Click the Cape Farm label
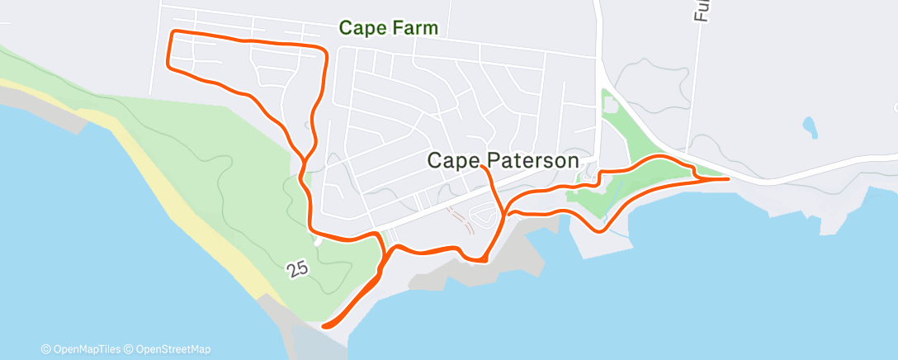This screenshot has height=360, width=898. tap(388, 29)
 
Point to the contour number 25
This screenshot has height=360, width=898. tap(299, 269)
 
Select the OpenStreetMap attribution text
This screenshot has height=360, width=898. tap(173, 349)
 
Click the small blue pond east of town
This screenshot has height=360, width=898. tap(810, 127)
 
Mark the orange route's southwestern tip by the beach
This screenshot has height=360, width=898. tap(324, 325)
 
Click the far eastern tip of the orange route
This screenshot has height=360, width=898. tap(726, 178)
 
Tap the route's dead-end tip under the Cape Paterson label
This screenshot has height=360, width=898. tap(482, 168)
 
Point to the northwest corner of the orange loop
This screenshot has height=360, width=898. tap(172, 32)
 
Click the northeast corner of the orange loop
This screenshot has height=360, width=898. tap(325, 50)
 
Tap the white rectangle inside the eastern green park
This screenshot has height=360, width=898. tap(610, 105)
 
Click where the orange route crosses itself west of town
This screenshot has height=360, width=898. tap(305, 158)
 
